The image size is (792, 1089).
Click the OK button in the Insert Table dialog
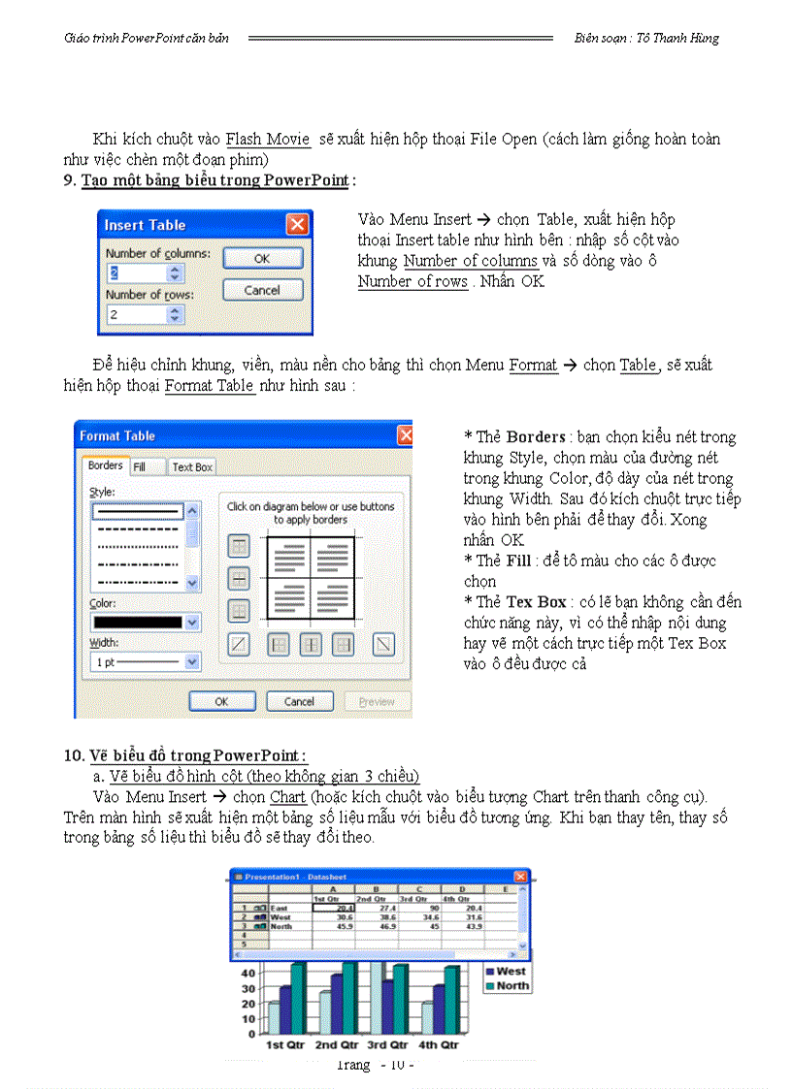[262, 259]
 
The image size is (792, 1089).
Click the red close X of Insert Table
[297, 225]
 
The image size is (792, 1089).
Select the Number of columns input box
[145, 272]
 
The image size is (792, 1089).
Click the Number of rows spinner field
[145, 314]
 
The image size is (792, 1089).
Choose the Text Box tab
[192, 466]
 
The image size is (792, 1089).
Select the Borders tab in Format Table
[105, 465]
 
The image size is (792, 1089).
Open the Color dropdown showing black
[146, 623]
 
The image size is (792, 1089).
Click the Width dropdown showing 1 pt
[146, 661]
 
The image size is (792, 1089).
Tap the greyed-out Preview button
[377, 701]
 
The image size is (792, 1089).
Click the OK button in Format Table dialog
[221, 701]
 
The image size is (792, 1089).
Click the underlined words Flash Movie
[268, 140]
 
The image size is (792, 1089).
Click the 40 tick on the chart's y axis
[247, 973]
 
